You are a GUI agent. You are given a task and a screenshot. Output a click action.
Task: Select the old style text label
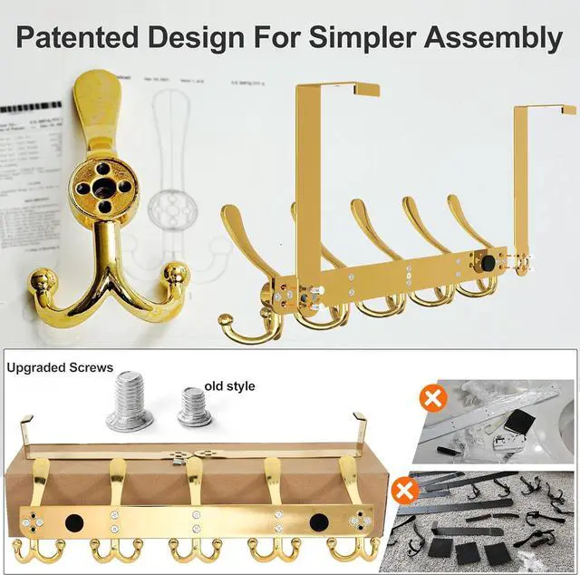click(230, 386)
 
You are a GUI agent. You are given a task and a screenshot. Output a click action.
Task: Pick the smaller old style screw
click(195, 407)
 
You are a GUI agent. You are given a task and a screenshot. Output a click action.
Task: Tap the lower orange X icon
click(407, 491)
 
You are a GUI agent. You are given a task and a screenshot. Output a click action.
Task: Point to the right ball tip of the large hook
click(174, 272)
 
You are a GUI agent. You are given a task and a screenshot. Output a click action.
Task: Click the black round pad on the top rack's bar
click(489, 261)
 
